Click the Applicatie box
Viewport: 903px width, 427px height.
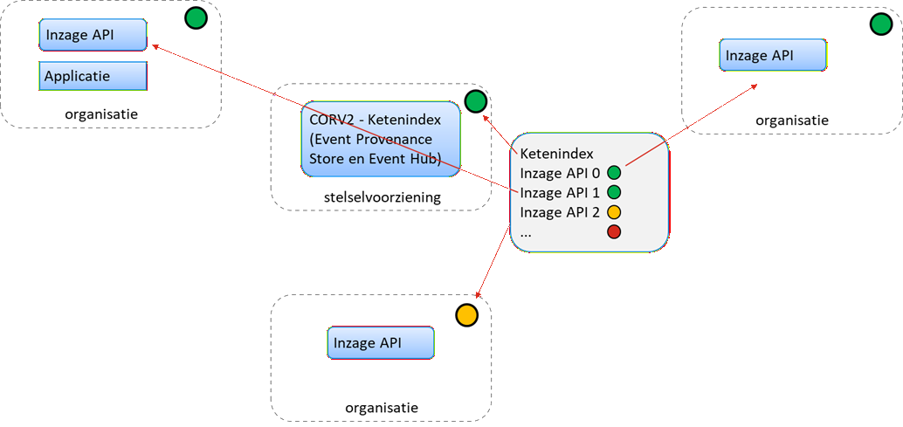pyautogui.click(x=93, y=76)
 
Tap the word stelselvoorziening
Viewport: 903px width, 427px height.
pyautogui.click(x=381, y=198)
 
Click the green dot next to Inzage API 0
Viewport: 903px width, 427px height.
pyautogui.click(x=614, y=172)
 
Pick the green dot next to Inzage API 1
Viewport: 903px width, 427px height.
pyautogui.click(x=614, y=192)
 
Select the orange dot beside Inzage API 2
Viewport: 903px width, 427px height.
pyautogui.click(x=614, y=212)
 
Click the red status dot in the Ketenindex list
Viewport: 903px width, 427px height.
pyautogui.click(x=614, y=231)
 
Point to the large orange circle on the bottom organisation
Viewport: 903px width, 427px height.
pyautogui.click(x=467, y=314)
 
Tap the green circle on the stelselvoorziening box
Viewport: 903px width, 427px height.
pyautogui.click(x=475, y=102)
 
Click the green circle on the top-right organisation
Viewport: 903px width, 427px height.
pyautogui.click(x=880, y=24)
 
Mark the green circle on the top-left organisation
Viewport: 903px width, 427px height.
pyautogui.click(x=196, y=17)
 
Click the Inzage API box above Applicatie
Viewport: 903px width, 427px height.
pyautogui.click(x=93, y=36)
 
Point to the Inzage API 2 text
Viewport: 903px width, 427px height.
pyautogui.click(x=560, y=212)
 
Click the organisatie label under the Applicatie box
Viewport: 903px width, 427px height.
pyautogui.click(x=101, y=114)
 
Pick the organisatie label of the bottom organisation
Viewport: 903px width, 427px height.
pyautogui.click(x=382, y=408)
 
